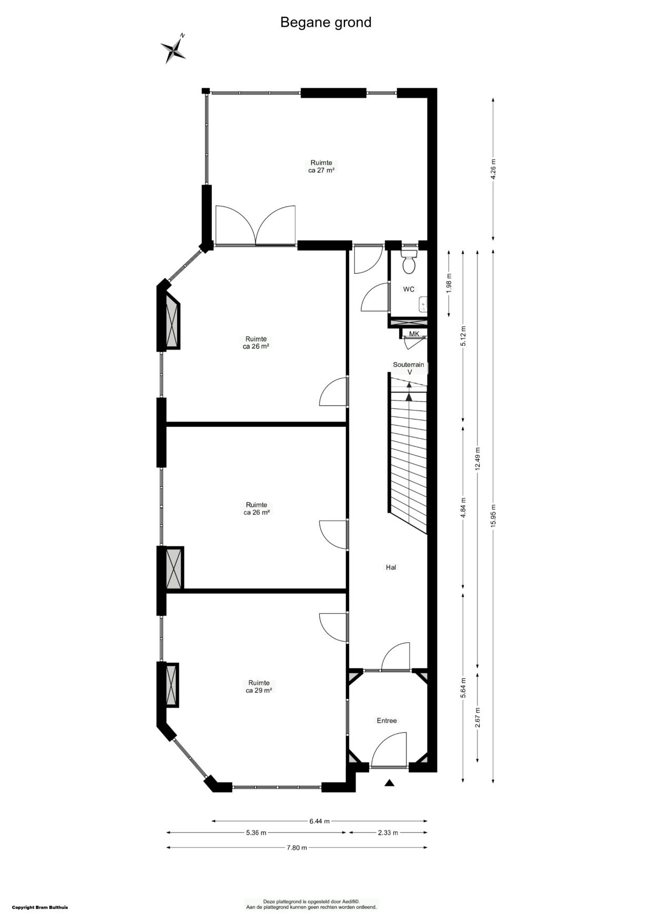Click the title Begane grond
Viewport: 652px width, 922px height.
point(325,23)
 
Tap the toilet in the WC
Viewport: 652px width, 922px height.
point(409,262)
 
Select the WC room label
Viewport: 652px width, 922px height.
point(409,289)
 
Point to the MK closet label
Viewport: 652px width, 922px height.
point(414,334)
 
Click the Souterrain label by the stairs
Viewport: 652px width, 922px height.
point(409,364)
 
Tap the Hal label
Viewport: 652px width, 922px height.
point(391,567)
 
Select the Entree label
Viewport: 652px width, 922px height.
point(386,721)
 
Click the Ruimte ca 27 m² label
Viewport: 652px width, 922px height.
point(321,167)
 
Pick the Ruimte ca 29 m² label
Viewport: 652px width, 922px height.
point(259,687)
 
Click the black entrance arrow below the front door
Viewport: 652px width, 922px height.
point(389,783)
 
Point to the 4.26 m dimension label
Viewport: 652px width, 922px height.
point(493,169)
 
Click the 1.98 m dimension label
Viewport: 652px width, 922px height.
point(449,283)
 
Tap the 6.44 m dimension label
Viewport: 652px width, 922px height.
point(319,821)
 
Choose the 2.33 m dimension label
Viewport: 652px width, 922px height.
point(388,833)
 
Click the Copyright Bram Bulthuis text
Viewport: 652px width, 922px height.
point(40,907)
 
